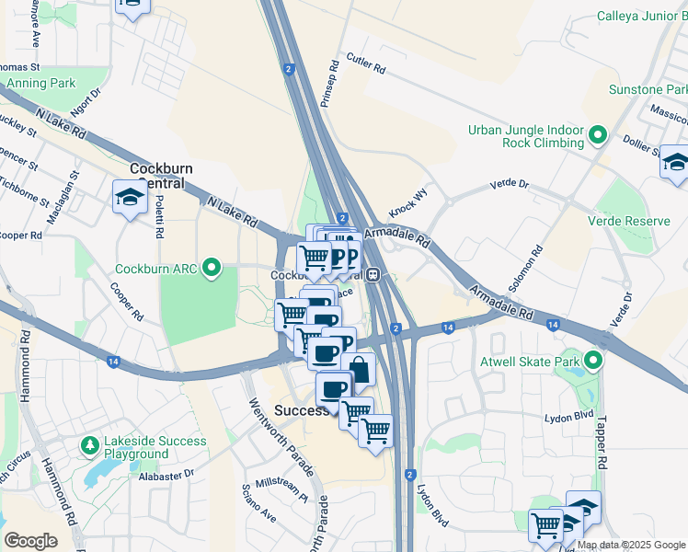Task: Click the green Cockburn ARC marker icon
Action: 212,270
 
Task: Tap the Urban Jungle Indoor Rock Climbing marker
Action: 598,136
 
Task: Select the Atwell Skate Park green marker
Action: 593,362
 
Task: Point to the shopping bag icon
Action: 359,371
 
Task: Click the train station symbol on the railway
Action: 374,274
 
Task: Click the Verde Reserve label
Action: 635,222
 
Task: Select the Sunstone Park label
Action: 648,90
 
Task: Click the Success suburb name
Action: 301,410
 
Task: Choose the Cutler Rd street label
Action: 365,64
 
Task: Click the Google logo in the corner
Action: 31,541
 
